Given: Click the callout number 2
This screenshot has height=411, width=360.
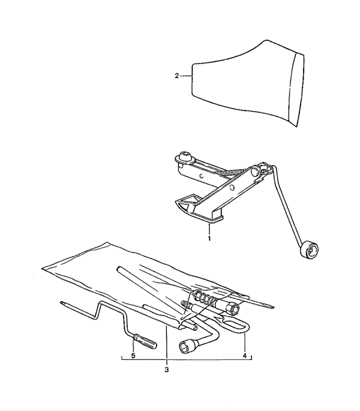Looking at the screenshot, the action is [177, 76].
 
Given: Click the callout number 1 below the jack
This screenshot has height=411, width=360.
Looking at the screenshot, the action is [209, 239].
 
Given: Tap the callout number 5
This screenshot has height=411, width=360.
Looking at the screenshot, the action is [133, 356].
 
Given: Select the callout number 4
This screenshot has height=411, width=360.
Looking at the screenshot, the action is [245, 356].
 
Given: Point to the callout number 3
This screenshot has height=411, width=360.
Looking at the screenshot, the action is [166, 370].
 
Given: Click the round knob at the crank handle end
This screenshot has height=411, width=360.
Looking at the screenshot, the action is [310, 250].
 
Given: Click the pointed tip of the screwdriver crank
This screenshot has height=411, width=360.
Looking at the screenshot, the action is [62, 302].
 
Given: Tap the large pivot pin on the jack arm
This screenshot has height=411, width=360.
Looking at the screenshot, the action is [254, 172].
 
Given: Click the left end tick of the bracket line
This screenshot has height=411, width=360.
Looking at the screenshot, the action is [122, 358].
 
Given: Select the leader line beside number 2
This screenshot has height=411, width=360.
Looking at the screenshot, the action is [186, 76].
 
